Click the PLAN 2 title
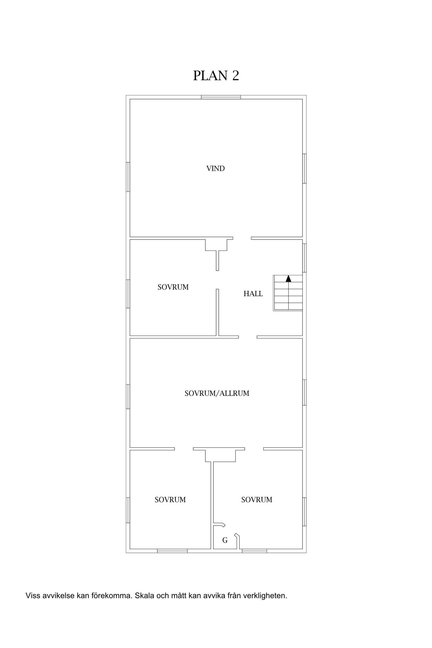(x=216, y=75)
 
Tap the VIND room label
(x=215, y=168)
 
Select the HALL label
(x=253, y=294)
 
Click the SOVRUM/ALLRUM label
(x=217, y=393)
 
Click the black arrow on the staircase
(x=288, y=278)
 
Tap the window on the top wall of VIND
(x=221, y=97)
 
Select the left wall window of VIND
(x=128, y=177)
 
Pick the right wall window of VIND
(x=304, y=168)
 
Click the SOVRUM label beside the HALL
(x=173, y=287)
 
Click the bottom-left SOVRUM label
(x=170, y=500)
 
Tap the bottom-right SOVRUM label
(x=257, y=500)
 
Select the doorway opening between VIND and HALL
(x=242, y=238)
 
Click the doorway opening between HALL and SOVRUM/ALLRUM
(x=248, y=337)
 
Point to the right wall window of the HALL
(x=304, y=258)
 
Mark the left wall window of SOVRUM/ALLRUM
(x=128, y=397)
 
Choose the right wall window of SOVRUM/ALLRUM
(x=304, y=393)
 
